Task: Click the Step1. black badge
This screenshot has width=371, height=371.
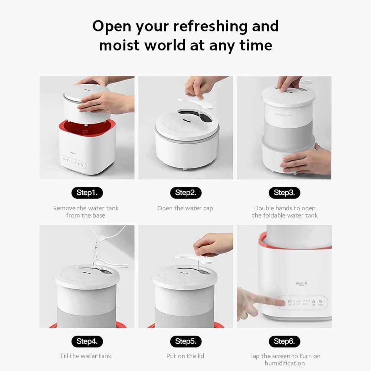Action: [x=87, y=193]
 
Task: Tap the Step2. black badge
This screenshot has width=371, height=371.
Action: [x=186, y=193]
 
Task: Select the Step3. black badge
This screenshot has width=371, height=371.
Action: [x=285, y=193]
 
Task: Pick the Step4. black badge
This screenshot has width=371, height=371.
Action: [x=87, y=341]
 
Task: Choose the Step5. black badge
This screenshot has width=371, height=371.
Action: [x=186, y=341]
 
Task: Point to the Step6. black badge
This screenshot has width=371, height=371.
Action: [x=285, y=341]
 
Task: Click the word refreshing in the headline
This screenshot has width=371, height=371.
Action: [x=211, y=26]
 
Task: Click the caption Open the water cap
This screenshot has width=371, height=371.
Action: [x=185, y=209]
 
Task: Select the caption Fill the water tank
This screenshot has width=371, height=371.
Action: [x=86, y=356]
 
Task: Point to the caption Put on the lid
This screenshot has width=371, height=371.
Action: [x=185, y=356]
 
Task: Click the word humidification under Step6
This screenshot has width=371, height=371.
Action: [x=285, y=363]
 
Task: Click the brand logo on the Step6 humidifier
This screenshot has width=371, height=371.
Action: [x=302, y=283]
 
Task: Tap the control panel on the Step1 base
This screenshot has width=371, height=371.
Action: [x=74, y=162]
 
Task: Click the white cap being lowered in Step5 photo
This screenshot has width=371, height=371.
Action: [x=193, y=258]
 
